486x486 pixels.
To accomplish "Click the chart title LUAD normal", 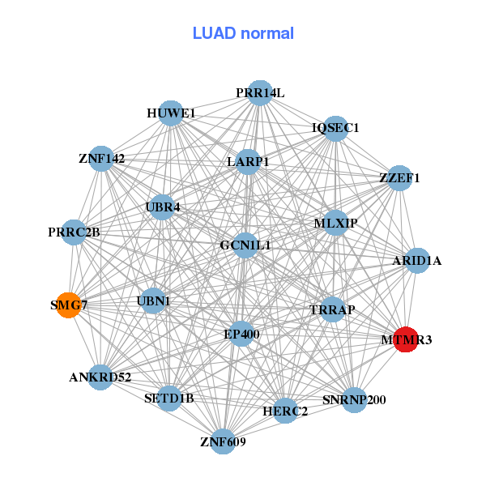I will click(x=243, y=33).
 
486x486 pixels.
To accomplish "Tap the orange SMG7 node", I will click(x=69, y=305).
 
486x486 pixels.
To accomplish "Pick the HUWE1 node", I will click(x=171, y=113).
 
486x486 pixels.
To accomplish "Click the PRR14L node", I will click(x=259, y=93).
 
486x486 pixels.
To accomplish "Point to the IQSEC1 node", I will click(x=335, y=128).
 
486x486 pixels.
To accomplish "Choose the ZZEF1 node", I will click(x=399, y=177).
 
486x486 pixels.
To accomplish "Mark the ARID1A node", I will click(x=416, y=260).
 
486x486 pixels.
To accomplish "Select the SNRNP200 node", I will click(x=354, y=399).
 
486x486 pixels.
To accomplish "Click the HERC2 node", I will click(x=285, y=411).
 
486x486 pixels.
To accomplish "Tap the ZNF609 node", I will click(x=223, y=441).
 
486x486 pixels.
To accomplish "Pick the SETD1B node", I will click(x=168, y=398).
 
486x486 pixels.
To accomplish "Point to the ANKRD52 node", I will click(x=100, y=377).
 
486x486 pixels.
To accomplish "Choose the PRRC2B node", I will click(x=74, y=232).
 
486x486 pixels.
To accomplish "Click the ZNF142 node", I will click(x=102, y=158).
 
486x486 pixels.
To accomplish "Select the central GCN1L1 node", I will click(x=245, y=245).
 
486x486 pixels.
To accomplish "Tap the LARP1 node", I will click(x=248, y=162).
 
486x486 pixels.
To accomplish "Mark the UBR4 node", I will click(x=163, y=207).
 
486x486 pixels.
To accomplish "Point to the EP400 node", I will click(x=241, y=333).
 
